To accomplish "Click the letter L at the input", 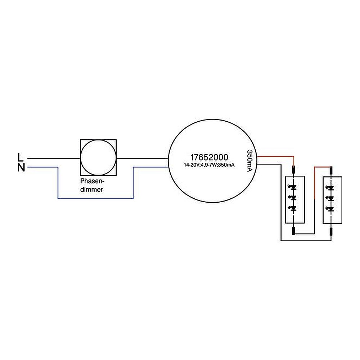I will (21, 157).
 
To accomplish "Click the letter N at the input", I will (21, 167).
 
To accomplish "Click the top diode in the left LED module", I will (294, 188).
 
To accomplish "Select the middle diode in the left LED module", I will (294, 198).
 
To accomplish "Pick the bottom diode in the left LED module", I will (294, 208).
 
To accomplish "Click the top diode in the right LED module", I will (331, 188).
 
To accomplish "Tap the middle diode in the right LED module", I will (331, 198).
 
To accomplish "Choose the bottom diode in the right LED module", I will (331, 208).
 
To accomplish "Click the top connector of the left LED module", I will (294, 170).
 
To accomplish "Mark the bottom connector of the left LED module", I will (294, 231).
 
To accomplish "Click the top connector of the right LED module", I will (331, 170).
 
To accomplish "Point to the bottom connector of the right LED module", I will (331, 231).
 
